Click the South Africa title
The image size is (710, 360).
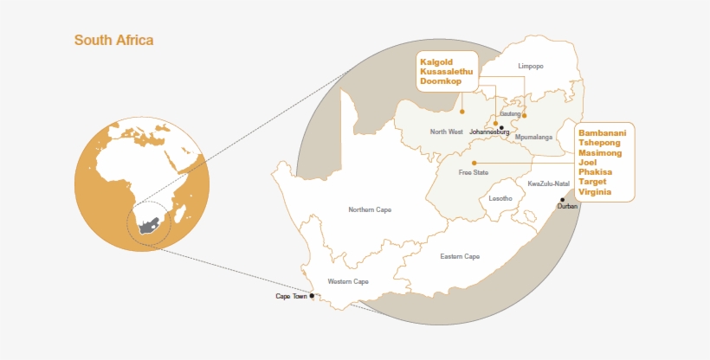point(113,40)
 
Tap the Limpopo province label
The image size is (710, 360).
point(530,66)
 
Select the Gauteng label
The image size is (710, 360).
point(511,114)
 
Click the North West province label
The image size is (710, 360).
point(448,132)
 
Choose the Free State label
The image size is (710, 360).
point(474,173)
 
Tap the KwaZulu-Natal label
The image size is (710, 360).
point(549,183)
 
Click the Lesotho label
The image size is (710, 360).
point(500,199)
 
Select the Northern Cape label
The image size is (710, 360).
point(370,209)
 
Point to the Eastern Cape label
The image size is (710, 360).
point(460,256)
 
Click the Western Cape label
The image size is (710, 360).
point(348,281)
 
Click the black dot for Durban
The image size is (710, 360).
point(563,200)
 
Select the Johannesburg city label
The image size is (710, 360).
point(490,132)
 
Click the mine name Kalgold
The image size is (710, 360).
point(438,61)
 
